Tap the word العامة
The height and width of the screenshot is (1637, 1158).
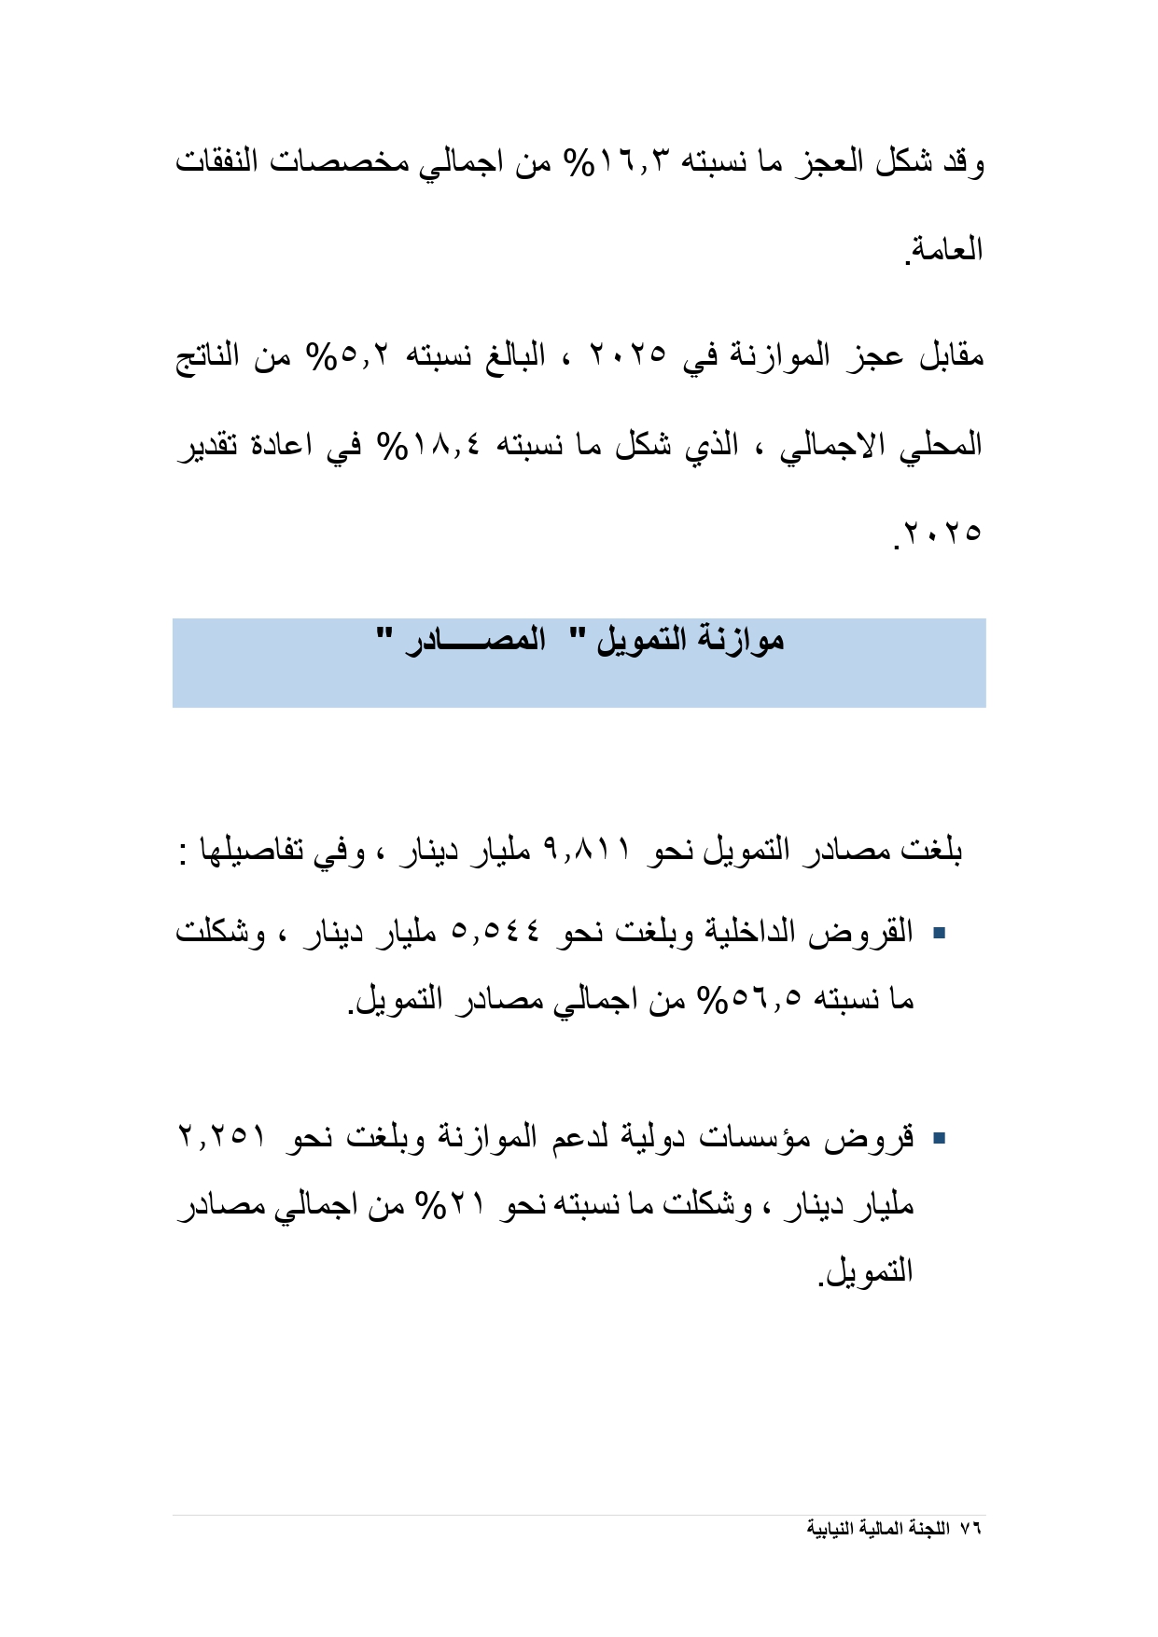(946, 250)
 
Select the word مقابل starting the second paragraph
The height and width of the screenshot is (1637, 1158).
(950, 356)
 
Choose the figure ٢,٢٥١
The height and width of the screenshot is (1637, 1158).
(222, 1136)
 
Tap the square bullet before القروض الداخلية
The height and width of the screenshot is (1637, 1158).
(940, 932)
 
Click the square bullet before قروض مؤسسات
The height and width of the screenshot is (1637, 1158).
(940, 1137)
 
